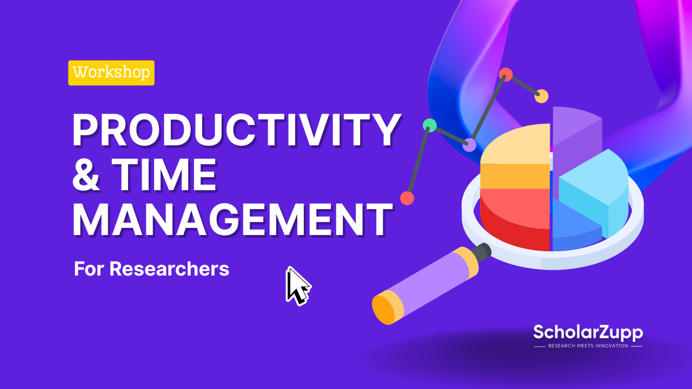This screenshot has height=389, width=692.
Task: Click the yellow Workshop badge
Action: click(111, 73)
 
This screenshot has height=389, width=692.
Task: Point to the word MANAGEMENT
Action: click(232, 219)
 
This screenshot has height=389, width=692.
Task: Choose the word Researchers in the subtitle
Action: click(169, 269)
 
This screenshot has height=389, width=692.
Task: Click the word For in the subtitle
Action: click(89, 269)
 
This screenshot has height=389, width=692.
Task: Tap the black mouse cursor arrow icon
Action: click(296, 285)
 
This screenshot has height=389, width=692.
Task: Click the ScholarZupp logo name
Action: click(588, 332)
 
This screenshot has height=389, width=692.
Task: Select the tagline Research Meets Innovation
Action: click(588, 346)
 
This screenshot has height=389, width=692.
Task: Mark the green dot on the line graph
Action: click(430, 125)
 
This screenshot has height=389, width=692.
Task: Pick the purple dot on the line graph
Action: click(470, 145)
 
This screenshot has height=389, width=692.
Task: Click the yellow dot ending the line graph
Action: click(541, 96)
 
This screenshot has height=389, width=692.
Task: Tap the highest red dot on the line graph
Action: click(506, 75)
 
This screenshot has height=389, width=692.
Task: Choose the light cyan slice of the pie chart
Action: click(595, 184)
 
